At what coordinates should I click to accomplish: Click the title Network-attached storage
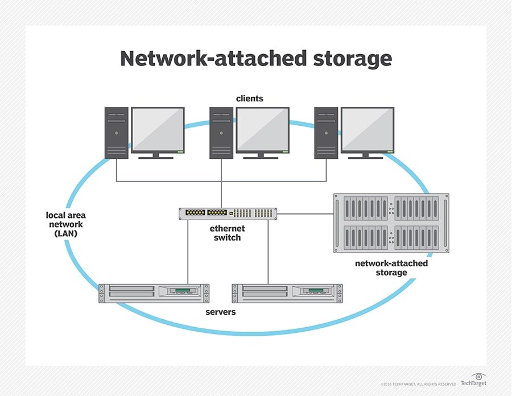[x=255, y=59]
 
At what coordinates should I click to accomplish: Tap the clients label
[x=250, y=98]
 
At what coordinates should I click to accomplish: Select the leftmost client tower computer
[x=116, y=133]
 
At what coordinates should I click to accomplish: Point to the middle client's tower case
[x=221, y=133]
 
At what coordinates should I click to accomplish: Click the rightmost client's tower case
[x=326, y=133]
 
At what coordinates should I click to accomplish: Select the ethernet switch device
[x=228, y=214]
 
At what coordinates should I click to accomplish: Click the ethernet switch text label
[x=228, y=233]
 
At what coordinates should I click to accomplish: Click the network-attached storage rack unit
[x=386, y=223]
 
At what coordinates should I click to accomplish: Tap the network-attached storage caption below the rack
[x=391, y=268]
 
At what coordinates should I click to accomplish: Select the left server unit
[x=154, y=293]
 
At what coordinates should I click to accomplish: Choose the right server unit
[x=287, y=293]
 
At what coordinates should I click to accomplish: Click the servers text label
[x=221, y=313]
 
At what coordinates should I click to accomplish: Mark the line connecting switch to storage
[x=305, y=214]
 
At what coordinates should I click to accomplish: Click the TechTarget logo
[x=473, y=380]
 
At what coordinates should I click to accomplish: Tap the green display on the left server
[x=182, y=291]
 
